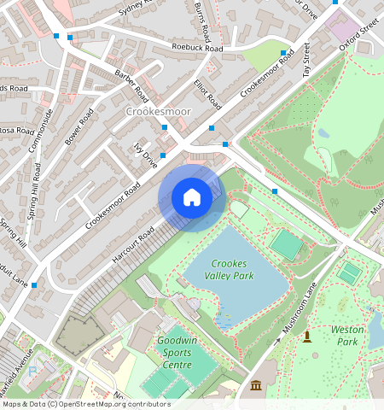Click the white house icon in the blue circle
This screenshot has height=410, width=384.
pyautogui.click(x=192, y=197)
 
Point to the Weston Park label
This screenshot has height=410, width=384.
pyautogui.click(x=347, y=335)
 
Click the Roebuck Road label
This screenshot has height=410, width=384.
pyautogui.click(x=197, y=49)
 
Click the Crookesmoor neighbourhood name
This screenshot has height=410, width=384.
pyautogui.click(x=158, y=111)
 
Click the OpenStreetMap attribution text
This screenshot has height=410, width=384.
pyautogui.click(x=86, y=404)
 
